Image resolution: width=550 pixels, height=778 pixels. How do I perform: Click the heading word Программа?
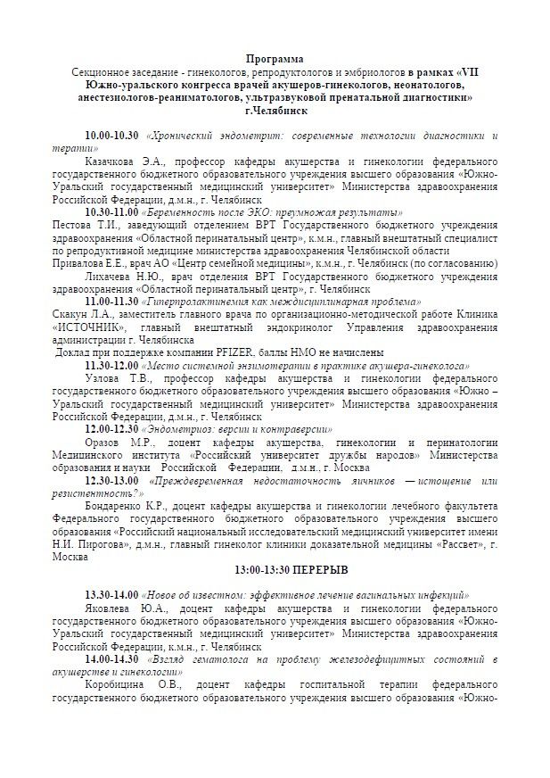(275, 58)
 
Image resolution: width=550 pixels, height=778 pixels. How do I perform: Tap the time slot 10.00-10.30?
(111, 135)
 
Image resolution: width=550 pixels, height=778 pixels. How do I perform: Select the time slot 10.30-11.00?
(111, 213)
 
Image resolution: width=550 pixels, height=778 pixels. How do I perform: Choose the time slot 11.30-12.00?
(111, 366)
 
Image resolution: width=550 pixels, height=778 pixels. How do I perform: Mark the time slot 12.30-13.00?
(111, 480)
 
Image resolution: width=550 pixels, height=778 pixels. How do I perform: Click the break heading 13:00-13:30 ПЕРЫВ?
(275, 569)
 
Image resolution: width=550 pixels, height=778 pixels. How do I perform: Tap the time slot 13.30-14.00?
(111, 595)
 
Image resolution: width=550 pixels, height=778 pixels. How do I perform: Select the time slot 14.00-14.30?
(111, 658)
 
